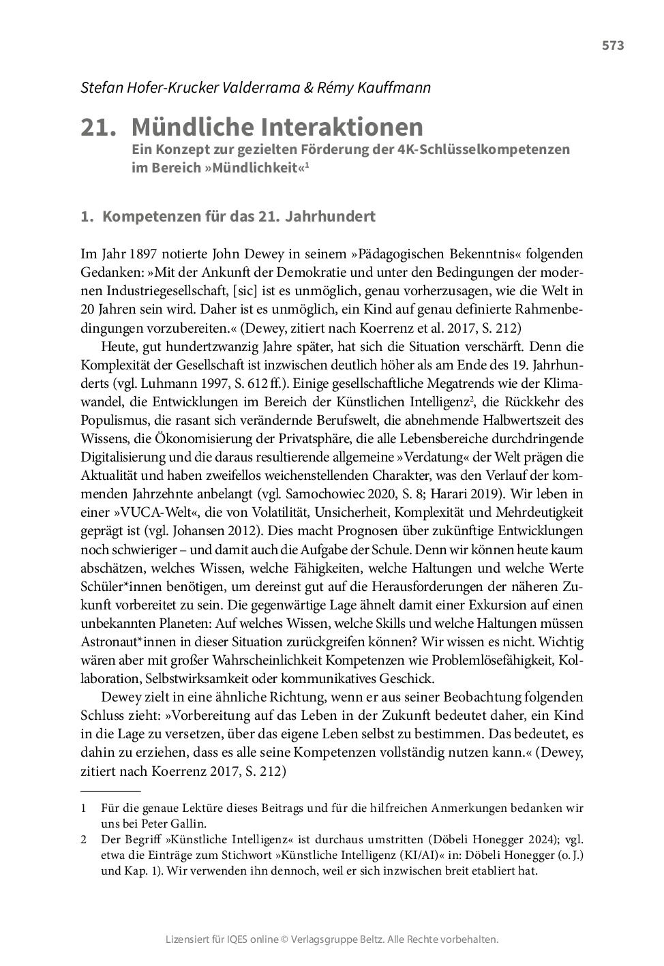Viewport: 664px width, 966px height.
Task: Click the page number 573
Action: click(x=612, y=46)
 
